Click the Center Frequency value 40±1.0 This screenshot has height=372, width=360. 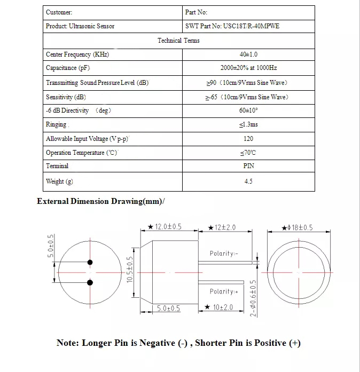248,54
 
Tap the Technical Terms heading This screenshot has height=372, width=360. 178,41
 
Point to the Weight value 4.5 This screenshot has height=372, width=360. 248,181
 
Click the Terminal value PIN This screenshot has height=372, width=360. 248,166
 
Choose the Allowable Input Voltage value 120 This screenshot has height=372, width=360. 248,139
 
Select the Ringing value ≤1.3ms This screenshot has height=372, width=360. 248,125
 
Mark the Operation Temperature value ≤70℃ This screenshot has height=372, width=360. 248,153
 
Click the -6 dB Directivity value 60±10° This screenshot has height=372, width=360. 248,110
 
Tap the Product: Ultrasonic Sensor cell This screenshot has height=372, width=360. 80,26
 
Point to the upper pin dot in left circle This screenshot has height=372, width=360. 90,262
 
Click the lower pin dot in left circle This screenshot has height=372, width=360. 90,282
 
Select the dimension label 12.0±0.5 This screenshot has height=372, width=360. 165,227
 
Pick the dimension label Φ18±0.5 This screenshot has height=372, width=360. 298,228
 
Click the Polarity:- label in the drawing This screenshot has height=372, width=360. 224,254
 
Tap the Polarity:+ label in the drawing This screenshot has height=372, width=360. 224,291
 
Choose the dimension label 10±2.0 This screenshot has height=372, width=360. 220,307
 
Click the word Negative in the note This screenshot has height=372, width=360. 157,343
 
